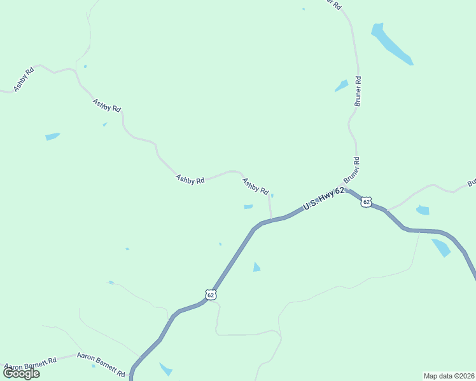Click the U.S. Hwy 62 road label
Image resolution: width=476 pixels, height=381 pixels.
point(324,198)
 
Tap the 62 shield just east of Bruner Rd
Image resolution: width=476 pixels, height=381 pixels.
point(365,201)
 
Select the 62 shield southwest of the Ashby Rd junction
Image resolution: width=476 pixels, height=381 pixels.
point(211,295)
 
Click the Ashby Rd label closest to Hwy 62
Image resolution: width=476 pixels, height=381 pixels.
point(255,186)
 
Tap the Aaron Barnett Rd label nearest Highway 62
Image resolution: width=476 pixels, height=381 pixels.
point(101,364)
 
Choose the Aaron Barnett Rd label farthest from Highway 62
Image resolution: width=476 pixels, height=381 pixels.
point(29,363)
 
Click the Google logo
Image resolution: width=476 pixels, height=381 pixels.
point(22,373)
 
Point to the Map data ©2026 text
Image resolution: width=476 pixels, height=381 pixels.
point(449,375)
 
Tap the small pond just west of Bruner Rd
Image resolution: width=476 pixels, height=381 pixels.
point(342,86)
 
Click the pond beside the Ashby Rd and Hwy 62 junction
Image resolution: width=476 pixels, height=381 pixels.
point(248,206)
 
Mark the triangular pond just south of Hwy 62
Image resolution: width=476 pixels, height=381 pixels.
point(256,267)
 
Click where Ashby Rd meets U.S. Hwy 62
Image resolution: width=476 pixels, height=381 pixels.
point(272,220)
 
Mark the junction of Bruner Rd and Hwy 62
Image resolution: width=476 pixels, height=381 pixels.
point(347,189)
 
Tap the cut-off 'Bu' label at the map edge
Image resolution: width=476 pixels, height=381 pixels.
point(472,183)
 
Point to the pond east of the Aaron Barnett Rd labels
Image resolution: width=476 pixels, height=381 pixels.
point(165,369)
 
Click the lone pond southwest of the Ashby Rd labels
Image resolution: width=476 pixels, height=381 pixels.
point(52,136)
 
